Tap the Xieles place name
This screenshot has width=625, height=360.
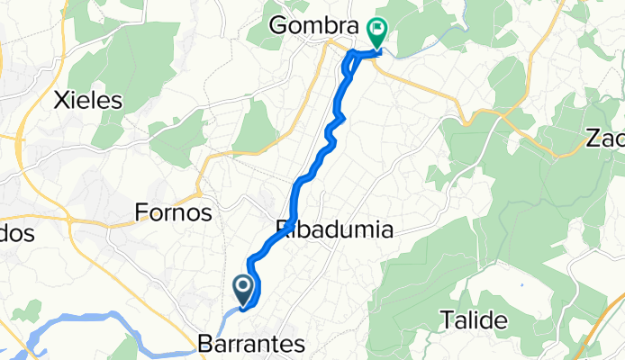click(88, 100)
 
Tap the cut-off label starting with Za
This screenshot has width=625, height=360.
click(604, 139)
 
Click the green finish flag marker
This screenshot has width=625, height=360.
click(376, 33)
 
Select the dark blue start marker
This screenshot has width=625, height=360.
click(243, 288)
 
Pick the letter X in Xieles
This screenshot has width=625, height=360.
click(64, 100)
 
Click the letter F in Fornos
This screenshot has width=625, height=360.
click(141, 213)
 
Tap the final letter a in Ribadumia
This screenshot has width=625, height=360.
click(385, 229)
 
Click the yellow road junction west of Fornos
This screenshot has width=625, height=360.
click(68, 216)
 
